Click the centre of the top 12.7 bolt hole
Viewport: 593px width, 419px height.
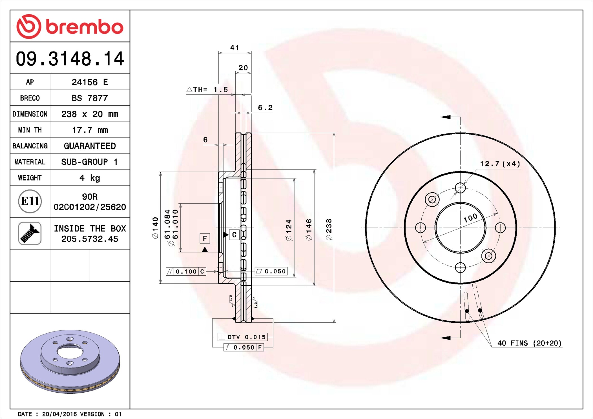coord(460,188)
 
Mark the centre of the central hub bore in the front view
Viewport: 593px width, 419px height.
coord(460,228)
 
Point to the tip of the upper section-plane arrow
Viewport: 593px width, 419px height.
coord(441,117)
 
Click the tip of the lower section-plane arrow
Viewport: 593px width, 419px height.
coord(441,338)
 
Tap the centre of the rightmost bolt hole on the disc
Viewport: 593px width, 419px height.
coord(500,228)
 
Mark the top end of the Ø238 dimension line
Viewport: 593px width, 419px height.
coord(334,133)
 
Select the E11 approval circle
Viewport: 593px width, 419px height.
coord(30,201)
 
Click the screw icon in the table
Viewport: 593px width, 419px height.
coord(30,233)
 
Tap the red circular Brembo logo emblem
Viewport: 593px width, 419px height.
coord(29,26)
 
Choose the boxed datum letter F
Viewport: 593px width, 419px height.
coord(205,239)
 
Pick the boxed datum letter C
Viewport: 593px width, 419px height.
coord(234,235)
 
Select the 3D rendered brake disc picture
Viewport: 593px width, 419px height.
coord(70,362)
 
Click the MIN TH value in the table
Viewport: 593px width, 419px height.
coord(90,130)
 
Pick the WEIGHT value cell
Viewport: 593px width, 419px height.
coord(90,178)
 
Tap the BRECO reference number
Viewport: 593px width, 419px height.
coord(90,98)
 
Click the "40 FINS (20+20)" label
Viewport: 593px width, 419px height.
coord(529,343)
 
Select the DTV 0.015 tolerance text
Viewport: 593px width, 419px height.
coord(247,337)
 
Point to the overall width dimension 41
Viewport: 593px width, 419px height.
coord(234,48)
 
